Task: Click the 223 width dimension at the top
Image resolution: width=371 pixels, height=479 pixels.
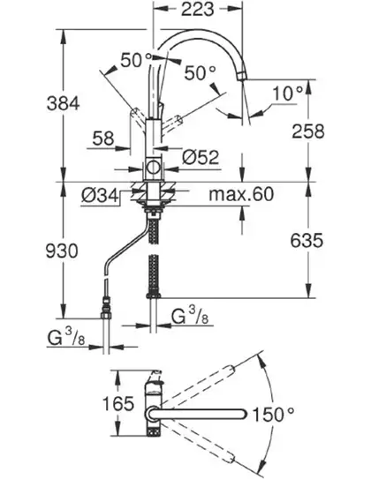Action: (x=197, y=9)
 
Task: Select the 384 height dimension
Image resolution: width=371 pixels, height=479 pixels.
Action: (x=63, y=103)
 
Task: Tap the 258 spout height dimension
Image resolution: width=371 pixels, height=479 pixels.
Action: (x=308, y=131)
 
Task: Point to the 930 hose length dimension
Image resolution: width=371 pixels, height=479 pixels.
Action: (x=62, y=251)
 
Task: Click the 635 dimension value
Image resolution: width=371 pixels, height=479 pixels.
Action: (x=307, y=240)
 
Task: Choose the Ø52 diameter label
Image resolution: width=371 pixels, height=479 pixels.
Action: (x=201, y=157)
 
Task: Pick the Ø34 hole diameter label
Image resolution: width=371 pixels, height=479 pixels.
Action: (x=100, y=195)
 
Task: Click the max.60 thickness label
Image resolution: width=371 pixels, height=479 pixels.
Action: (x=241, y=194)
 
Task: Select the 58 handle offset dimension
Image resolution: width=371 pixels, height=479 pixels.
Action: (x=103, y=138)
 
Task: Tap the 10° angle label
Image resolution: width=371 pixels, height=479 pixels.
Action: (x=287, y=94)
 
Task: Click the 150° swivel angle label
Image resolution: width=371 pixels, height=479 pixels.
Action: (x=273, y=415)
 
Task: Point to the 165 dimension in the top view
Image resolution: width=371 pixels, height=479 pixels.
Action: (x=118, y=403)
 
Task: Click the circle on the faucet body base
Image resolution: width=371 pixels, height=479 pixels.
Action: (x=152, y=168)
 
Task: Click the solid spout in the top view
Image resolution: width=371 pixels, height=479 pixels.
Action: (x=199, y=414)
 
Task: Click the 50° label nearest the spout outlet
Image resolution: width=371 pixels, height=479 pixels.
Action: (x=201, y=73)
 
